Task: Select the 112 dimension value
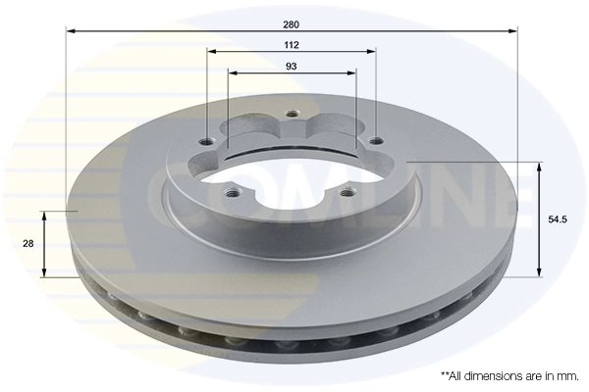[292, 44]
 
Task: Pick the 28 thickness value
[30, 243]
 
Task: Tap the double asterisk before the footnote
[445, 373]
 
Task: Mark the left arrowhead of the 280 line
[71, 31]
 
